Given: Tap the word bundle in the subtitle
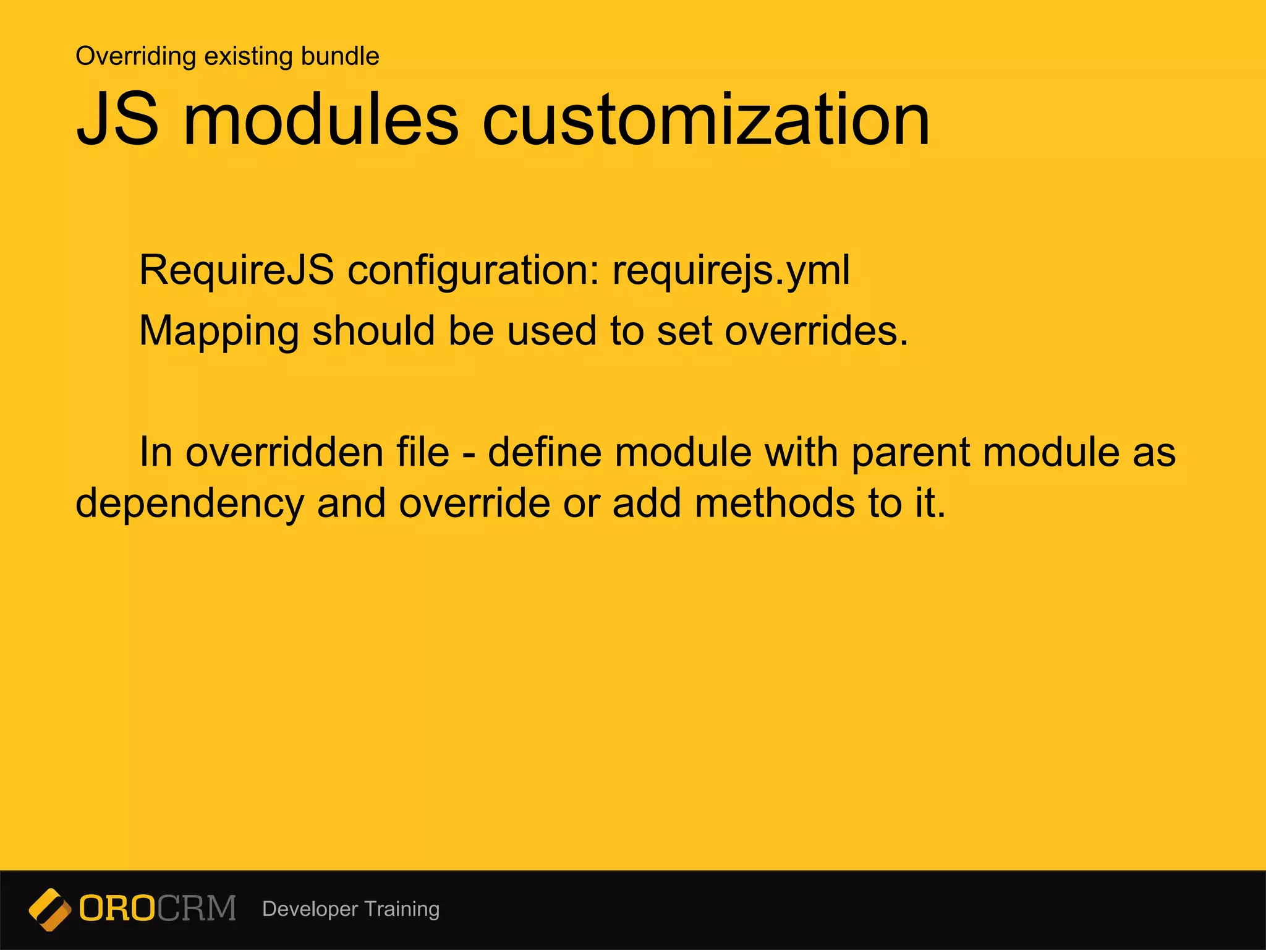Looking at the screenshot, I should [x=340, y=56].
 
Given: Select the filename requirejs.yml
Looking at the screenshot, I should [x=731, y=270].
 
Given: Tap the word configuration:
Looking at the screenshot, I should [x=474, y=270].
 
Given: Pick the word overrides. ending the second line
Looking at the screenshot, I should [x=816, y=331].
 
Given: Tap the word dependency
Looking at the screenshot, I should [x=190, y=503].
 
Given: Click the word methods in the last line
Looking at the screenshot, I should [x=775, y=503].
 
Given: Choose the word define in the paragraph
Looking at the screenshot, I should [x=544, y=452].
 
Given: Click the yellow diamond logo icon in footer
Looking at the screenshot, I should [x=49, y=909].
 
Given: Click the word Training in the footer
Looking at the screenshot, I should [x=402, y=909].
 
